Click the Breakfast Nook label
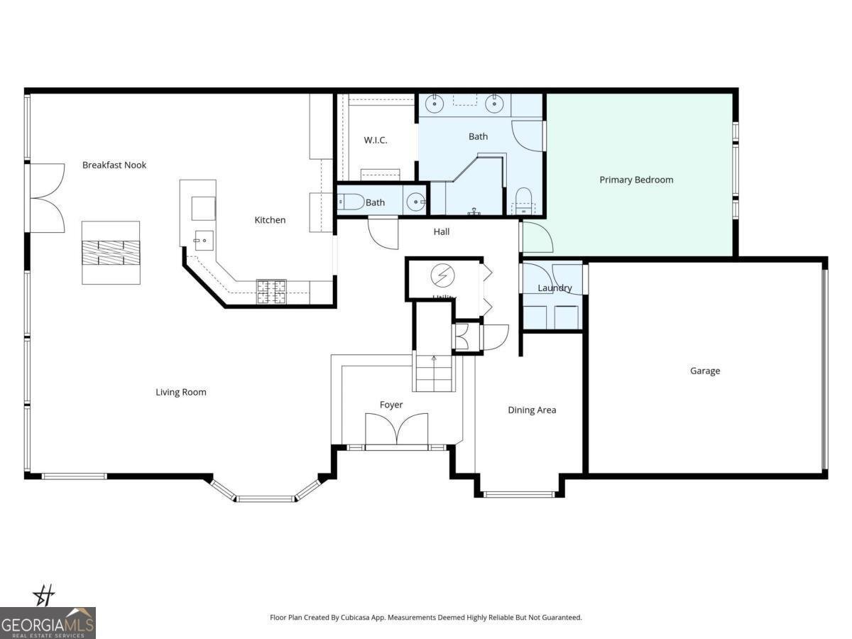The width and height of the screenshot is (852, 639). (x=114, y=165)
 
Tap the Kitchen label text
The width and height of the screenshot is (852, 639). (x=270, y=220)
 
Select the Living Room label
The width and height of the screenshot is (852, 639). (x=181, y=392)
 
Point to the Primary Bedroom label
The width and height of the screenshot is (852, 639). (x=636, y=180)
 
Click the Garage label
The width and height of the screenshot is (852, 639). (x=705, y=371)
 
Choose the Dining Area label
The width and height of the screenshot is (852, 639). (x=532, y=410)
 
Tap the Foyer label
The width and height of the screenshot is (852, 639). (x=391, y=405)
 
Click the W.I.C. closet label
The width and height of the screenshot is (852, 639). (x=376, y=140)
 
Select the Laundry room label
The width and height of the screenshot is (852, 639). (x=555, y=288)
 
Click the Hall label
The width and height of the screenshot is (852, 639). (x=442, y=231)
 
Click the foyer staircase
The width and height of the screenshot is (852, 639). (x=434, y=372)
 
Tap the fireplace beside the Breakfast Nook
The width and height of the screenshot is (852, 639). (x=110, y=252)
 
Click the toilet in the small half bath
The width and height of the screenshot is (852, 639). (x=351, y=202)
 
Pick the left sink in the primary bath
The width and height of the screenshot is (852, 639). (x=434, y=104)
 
